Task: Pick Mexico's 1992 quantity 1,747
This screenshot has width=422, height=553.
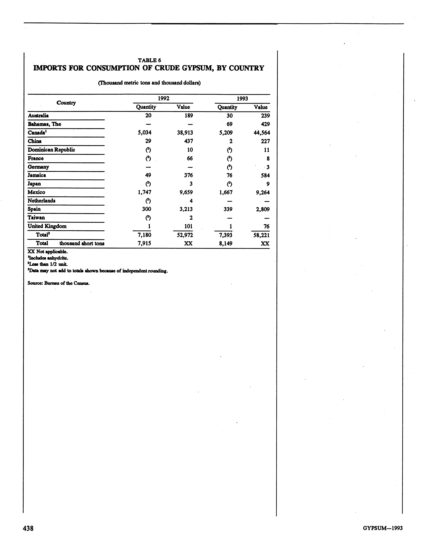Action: coord(144,192)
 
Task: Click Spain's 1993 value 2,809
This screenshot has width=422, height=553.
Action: coord(263,209)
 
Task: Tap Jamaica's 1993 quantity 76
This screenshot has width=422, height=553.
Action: coord(229,175)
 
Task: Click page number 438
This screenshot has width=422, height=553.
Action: coord(28,528)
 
